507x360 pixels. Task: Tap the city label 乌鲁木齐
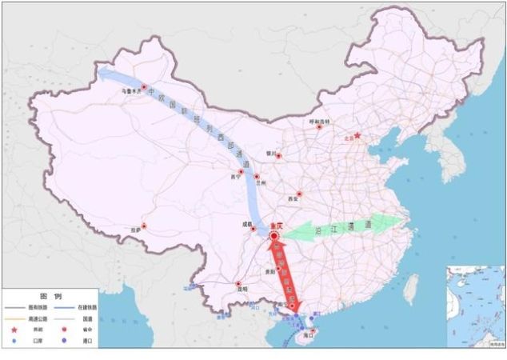pos(130,93)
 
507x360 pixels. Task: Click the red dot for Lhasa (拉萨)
pos(143,226)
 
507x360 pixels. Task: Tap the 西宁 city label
pos(234,177)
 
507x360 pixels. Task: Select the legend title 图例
pos(50,296)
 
